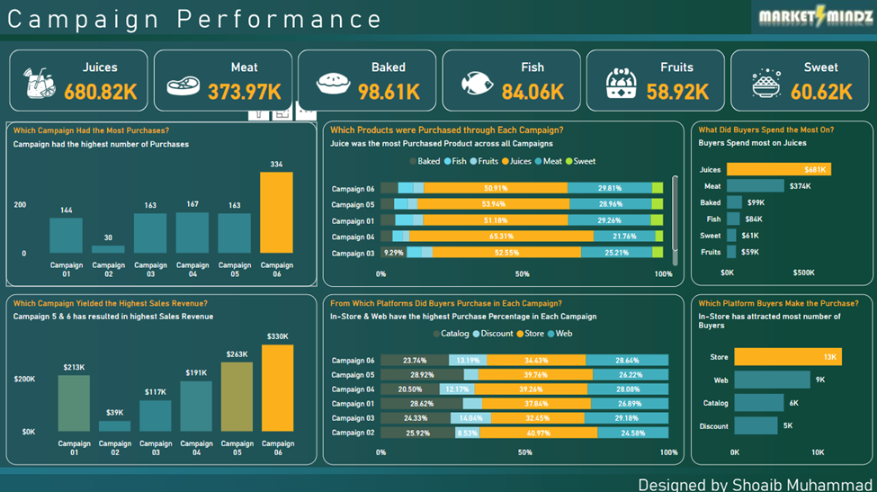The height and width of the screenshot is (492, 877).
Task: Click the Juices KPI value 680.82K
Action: pos(100,91)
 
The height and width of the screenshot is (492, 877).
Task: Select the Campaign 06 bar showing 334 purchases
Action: pos(276,212)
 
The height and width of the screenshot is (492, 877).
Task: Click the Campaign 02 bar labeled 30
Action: pos(108,249)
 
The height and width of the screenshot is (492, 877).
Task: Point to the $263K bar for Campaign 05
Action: pos(237,397)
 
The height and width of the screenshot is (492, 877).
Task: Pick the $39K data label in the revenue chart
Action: pos(115,412)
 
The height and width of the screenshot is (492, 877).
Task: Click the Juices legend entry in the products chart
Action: pos(518,162)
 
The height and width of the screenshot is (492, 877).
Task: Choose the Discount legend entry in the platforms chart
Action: pos(493,334)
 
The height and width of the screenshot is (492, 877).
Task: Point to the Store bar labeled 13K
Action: pos(788,357)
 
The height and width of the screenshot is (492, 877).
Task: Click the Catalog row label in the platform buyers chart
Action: pos(715,404)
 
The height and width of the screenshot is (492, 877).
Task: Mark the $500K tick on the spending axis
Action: pos(803,273)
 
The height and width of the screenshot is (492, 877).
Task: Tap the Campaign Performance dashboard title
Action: pos(194,19)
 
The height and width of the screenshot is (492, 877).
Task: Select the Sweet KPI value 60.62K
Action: pos(821,91)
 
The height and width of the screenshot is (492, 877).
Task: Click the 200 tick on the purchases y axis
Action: pos(20,205)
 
